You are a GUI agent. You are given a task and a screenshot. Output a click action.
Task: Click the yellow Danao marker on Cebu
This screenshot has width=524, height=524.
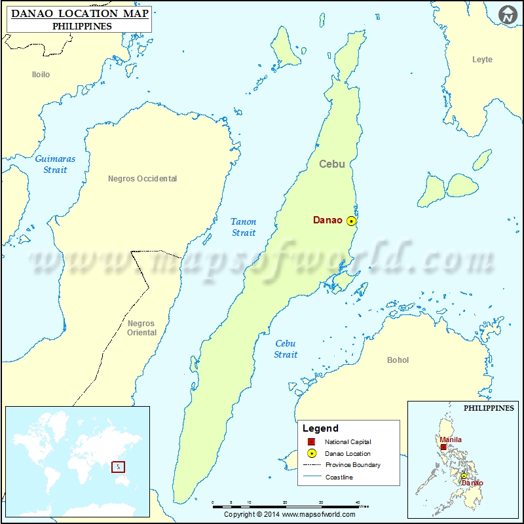click(352, 221)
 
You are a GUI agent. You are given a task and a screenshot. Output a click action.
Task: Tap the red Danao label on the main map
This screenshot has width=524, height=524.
click(327, 221)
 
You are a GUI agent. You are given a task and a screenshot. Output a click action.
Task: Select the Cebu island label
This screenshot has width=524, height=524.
click(332, 164)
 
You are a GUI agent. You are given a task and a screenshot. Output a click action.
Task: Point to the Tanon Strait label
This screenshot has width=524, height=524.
click(244, 227)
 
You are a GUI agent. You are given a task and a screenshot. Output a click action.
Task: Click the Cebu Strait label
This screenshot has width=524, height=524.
click(286, 348)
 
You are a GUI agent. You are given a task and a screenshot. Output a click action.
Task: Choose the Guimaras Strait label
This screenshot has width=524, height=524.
click(55, 164)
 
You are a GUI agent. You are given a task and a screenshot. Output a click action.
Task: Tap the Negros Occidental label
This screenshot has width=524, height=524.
click(142, 178)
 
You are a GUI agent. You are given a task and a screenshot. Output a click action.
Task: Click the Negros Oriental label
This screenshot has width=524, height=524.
click(141, 327)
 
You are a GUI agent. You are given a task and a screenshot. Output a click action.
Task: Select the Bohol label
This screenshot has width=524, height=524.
click(398, 360)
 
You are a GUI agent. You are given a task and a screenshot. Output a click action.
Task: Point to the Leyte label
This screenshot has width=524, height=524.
click(482, 60)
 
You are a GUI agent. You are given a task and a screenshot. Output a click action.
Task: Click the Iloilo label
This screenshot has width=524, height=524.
click(41, 75)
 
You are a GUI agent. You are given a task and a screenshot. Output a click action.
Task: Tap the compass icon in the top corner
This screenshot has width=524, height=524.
click(506, 14)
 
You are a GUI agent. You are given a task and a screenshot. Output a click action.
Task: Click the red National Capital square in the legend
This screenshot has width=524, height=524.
click(312, 442)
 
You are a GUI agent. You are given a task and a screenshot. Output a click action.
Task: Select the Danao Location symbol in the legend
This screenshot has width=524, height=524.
click(312, 453)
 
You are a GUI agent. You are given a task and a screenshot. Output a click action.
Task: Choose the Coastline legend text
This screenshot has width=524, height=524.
click(339, 477)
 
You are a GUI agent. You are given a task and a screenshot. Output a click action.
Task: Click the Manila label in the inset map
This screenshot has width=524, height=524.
click(451, 440)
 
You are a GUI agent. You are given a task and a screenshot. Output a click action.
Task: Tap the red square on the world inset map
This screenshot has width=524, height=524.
click(118, 467)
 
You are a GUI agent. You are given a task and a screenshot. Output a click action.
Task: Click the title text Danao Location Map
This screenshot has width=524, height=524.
click(79, 14)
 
